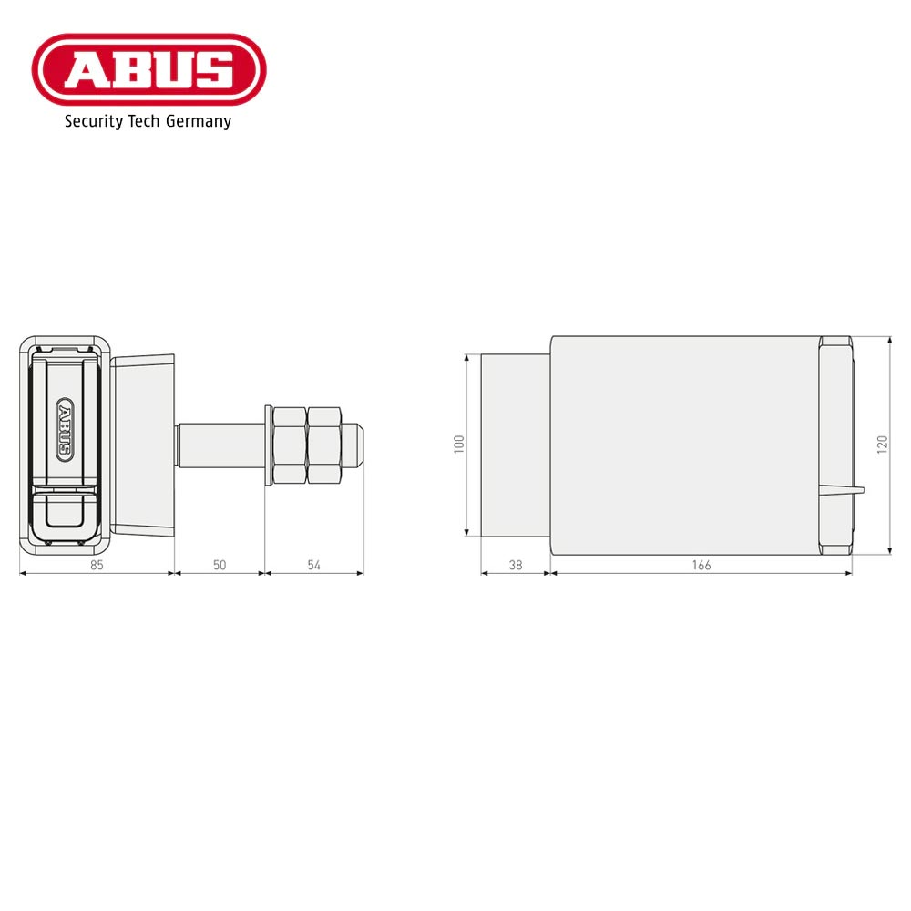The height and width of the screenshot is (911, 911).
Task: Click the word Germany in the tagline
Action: point(199,121)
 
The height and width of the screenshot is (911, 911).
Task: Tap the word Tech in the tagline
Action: point(146,121)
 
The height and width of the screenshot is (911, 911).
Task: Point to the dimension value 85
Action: point(97,565)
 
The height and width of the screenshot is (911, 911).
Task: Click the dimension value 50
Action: point(219,565)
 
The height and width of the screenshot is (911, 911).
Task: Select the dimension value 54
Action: point(313,565)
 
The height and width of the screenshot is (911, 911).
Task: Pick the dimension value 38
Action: point(515,565)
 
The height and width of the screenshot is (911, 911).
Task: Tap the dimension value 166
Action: point(701,565)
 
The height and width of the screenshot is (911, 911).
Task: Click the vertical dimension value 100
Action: point(459,444)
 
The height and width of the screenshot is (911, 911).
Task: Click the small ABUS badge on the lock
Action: point(66,426)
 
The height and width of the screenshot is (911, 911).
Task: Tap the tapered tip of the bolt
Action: point(358,445)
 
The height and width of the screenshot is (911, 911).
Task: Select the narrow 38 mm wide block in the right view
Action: point(515,445)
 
